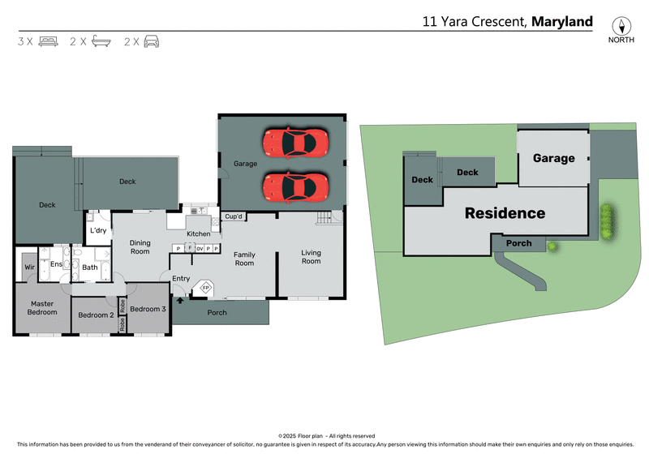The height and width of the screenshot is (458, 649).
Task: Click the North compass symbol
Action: [621, 26]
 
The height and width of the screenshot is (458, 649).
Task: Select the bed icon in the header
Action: [48, 41]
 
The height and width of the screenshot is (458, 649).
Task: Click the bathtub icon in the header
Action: [101, 41]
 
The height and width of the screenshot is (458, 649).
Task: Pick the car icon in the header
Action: [152, 41]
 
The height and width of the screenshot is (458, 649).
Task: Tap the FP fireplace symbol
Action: [206, 288]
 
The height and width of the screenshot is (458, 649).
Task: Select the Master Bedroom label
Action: [42, 308]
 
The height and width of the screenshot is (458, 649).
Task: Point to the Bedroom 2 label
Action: [95, 315]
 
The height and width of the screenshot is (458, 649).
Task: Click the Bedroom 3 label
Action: [148, 309]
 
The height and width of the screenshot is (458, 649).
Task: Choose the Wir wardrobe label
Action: [29, 266]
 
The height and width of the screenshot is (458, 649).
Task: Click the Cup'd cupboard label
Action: [234, 216]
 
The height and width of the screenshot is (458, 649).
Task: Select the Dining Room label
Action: [140, 246]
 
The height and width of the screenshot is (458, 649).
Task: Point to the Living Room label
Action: [311, 257]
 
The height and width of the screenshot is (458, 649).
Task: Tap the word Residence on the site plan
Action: [505, 213]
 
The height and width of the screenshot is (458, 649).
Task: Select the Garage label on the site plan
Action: [553, 158]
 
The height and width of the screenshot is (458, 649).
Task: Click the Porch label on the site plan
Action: [519, 243]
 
